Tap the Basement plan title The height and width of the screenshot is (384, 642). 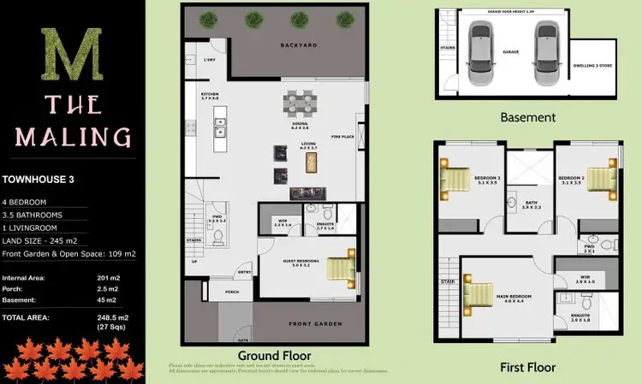(x=527, y=117)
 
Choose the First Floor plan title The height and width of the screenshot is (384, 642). (x=528, y=367)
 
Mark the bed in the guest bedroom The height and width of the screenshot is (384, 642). (x=342, y=268)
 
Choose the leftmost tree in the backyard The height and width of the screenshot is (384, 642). (x=206, y=19)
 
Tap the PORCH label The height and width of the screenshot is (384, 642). (x=231, y=291)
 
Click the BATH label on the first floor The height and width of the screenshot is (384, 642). (x=530, y=202)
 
